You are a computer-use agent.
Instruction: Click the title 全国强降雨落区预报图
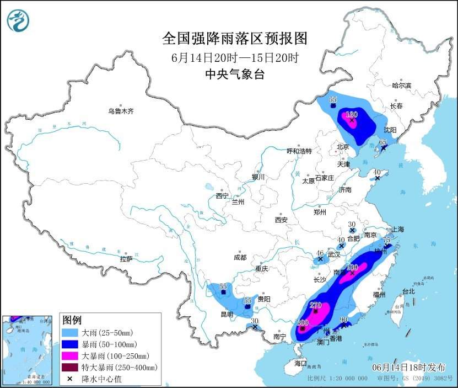234,38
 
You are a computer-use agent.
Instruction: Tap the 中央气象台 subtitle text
234,74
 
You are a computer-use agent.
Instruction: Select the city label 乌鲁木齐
121,111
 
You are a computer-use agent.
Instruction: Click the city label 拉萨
126,259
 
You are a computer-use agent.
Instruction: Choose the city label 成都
240,257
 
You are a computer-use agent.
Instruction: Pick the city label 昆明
227,314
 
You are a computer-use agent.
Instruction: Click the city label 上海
397,229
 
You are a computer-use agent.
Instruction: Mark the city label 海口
300,364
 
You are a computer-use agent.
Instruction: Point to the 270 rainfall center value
316,304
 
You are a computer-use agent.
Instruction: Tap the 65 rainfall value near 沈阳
384,142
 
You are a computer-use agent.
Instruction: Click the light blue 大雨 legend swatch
71,333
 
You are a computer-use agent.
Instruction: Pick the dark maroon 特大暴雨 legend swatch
71,367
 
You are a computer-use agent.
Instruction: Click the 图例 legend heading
72,320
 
